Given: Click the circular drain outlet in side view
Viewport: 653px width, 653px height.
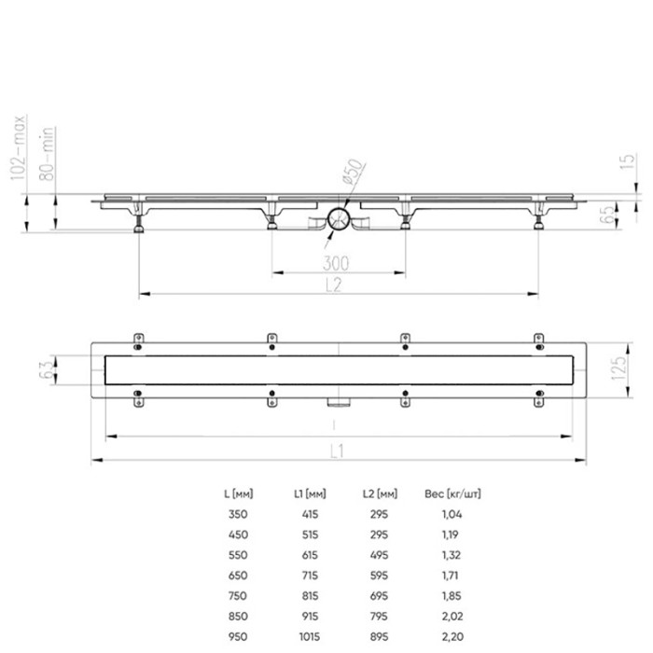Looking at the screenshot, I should click(339, 220).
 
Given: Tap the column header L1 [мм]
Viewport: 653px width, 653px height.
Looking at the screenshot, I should click(309, 493).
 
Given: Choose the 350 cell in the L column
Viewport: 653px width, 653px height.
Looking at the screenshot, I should click(237, 514).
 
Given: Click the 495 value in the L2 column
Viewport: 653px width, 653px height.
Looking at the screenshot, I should click(380, 555).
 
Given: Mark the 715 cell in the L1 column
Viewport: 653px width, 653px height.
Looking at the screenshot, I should click(309, 576).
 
